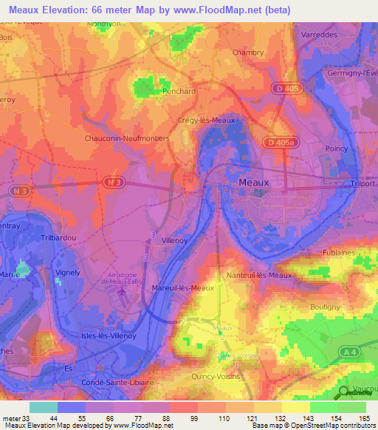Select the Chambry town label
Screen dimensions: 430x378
pyautogui.click(x=247, y=52)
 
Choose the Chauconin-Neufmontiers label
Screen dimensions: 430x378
pyautogui.click(x=127, y=138)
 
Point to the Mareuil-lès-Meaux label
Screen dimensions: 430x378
pyautogui.click(x=182, y=287)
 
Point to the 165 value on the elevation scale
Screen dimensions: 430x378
pyautogui.click(x=362, y=418)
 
